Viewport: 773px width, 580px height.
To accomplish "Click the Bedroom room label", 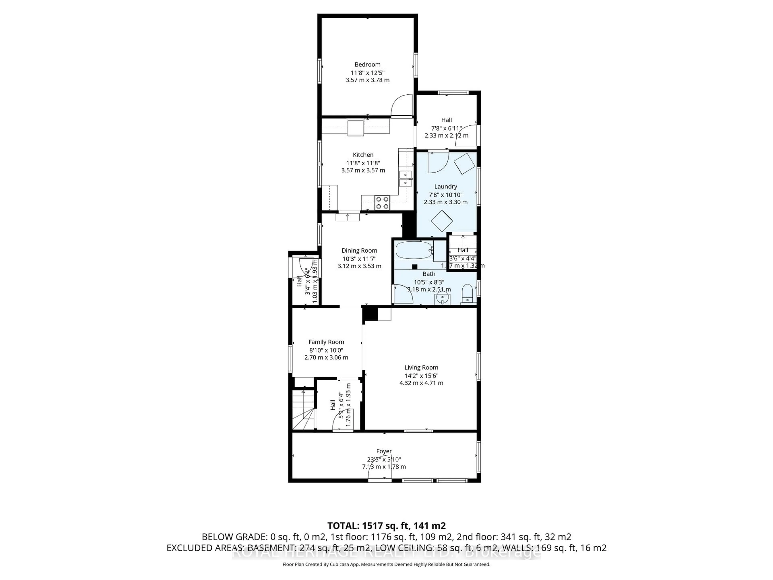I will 367,64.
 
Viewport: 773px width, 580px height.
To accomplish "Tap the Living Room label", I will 421,368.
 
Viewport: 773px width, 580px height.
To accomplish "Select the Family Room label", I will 326,342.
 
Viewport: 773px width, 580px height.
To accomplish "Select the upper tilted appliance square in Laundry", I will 464,163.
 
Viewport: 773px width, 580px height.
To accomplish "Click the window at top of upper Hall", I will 453,93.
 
